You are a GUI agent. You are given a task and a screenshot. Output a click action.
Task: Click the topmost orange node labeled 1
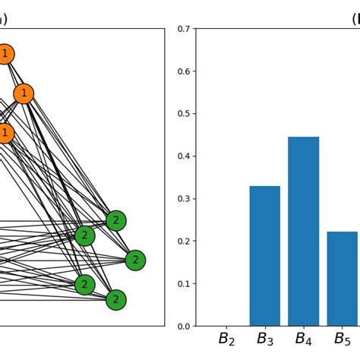[x=5, y=54]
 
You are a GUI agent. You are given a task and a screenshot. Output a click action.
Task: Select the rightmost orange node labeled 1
[x=24, y=93]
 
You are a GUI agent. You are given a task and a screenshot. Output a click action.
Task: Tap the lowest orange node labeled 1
[x=5, y=134]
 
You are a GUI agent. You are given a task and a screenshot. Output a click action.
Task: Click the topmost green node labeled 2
[x=115, y=221]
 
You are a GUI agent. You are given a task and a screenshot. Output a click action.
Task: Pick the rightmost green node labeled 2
[x=135, y=261]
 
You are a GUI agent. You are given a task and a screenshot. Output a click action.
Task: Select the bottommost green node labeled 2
[x=115, y=300]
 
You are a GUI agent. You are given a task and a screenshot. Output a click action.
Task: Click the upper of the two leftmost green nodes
[x=85, y=235]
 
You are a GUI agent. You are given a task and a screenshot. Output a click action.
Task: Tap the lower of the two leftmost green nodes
[x=85, y=285]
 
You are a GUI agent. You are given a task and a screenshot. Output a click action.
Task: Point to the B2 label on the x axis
[x=226, y=339]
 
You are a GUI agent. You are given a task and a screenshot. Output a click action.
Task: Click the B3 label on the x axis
[x=265, y=339]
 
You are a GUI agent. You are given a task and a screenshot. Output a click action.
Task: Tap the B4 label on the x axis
[x=303, y=339]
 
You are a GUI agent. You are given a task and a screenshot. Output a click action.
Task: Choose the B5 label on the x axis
[x=342, y=339]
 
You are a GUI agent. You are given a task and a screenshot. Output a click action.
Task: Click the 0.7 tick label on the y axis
[x=183, y=29]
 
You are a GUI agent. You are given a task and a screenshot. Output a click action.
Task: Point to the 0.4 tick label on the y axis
[x=183, y=156]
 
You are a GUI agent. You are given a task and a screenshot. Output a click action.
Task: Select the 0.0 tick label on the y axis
[x=183, y=327]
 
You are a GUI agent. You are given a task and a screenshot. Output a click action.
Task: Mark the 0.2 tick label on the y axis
[x=183, y=242]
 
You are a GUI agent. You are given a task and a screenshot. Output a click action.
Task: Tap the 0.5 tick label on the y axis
[x=183, y=114]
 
